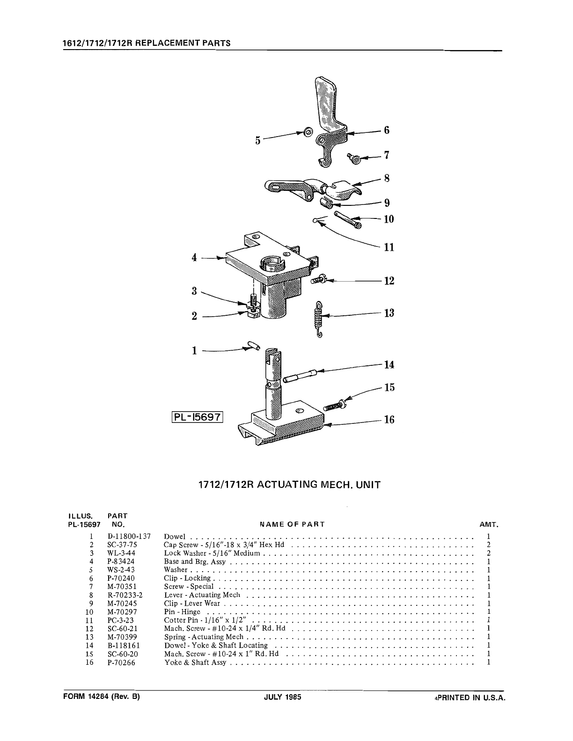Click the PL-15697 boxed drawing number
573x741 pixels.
pos(197,417)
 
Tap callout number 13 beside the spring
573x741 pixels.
pos(389,313)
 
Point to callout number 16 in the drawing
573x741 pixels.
pos(389,420)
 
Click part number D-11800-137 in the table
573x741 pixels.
pos(129,537)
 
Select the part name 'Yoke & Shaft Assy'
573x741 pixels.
pos(195,662)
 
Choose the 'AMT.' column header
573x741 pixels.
pos(489,525)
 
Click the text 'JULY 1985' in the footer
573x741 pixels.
pos(282,697)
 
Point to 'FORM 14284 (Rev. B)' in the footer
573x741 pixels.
pos(102,697)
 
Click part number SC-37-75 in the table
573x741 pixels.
pos(122,545)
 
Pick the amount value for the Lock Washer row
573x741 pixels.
pos(488,553)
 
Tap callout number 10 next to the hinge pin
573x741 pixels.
pos(389,219)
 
